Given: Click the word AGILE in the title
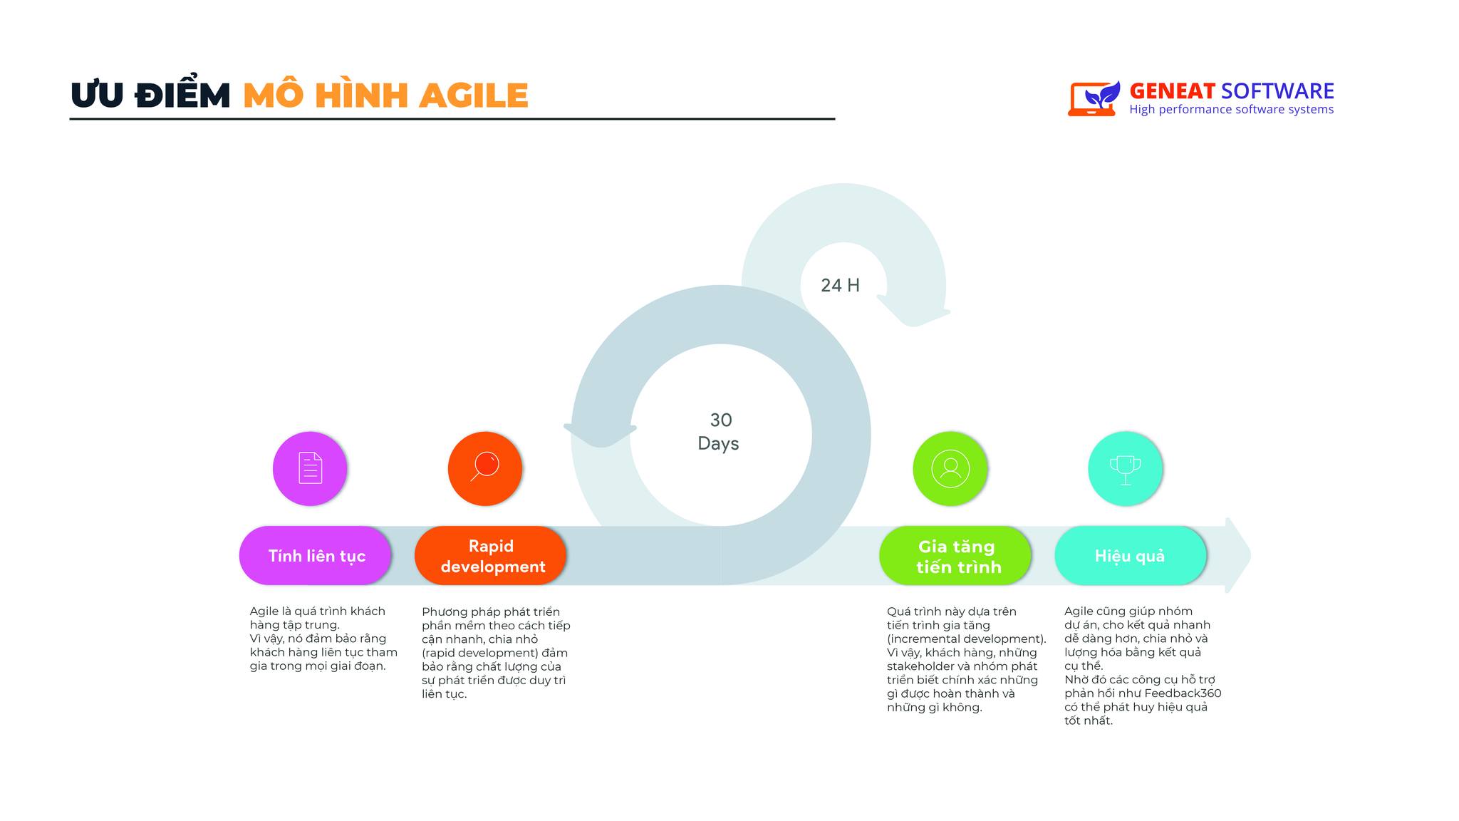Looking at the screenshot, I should pyautogui.click(x=473, y=96).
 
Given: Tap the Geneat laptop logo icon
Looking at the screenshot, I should pyautogui.click(x=1092, y=98).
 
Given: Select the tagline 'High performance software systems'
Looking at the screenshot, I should pyautogui.click(x=1231, y=110).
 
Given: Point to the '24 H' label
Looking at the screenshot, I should pyautogui.click(x=840, y=286).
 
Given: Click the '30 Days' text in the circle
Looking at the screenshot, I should pyautogui.click(x=719, y=432).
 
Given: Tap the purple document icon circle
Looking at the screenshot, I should pyautogui.click(x=310, y=469).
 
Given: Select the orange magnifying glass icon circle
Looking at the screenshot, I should pyautogui.click(x=485, y=469).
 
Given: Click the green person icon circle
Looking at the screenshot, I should pyautogui.click(x=950, y=469).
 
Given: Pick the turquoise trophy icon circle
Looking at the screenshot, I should pyautogui.click(x=1126, y=469).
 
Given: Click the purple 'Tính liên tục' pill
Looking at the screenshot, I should pyautogui.click(x=316, y=556).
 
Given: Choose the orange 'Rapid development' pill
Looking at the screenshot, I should pyautogui.click(x=491, y=556).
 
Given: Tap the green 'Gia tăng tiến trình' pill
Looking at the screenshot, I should pyautogui.click(x=956, y=556).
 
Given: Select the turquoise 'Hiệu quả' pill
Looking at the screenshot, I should pyautogui.click(x=1131, y=556).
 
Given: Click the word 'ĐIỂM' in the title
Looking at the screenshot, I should pyautogui.click(x=183, y=96).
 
